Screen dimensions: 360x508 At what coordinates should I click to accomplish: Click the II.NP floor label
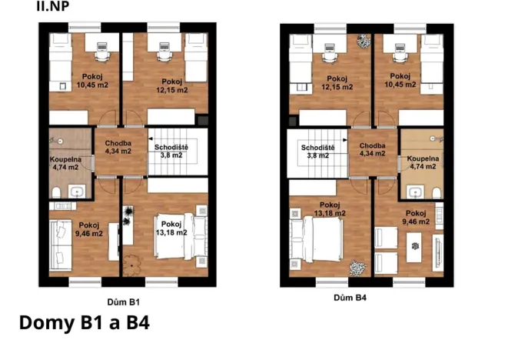[50, 7]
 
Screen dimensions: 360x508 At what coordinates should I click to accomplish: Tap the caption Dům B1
[123, 302]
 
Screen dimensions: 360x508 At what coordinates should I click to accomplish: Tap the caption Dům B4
[350, 298]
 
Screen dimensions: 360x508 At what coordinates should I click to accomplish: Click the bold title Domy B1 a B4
[84, 323]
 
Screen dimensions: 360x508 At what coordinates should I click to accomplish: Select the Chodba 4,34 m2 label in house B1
[118, 147]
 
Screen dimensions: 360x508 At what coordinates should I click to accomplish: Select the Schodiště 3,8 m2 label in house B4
[317, 151]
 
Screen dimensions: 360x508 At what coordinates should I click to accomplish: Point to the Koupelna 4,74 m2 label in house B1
[65, 162]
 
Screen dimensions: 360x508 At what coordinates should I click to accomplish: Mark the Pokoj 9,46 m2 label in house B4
[416, 218]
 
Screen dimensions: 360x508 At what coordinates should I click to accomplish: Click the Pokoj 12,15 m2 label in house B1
[171, 85]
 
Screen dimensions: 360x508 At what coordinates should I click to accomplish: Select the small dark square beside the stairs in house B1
[203, 122]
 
